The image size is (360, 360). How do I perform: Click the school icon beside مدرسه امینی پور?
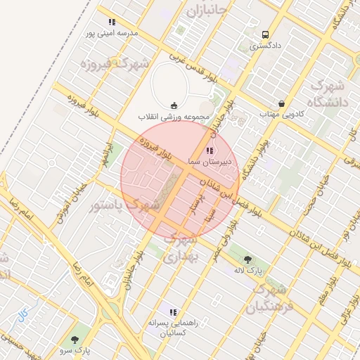point(112,22)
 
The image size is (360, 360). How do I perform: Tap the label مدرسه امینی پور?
point(111,33)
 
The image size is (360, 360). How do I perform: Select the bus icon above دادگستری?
point(265,34)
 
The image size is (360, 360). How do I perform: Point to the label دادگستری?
point(265,46)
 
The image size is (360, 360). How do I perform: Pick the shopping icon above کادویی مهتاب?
point(281,103)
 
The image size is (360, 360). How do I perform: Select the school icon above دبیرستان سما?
point(209,150)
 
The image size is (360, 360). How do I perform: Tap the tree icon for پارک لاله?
point(247,259)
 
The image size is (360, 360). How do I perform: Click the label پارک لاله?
point(247,270)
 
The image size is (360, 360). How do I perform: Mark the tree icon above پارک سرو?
point(75,340)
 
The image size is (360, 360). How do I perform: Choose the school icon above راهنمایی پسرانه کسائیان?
point(173,312)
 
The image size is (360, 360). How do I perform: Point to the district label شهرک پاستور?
point(117,206)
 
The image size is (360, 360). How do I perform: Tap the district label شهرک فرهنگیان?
point(267,298)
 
